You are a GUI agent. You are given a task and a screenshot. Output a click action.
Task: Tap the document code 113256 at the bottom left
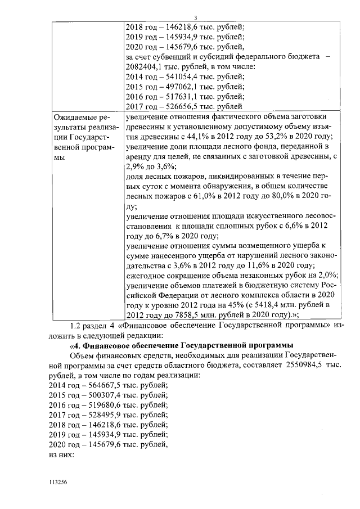[x=58, y=483]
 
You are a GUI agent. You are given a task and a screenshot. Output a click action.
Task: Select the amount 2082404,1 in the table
[x=148, y=67]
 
